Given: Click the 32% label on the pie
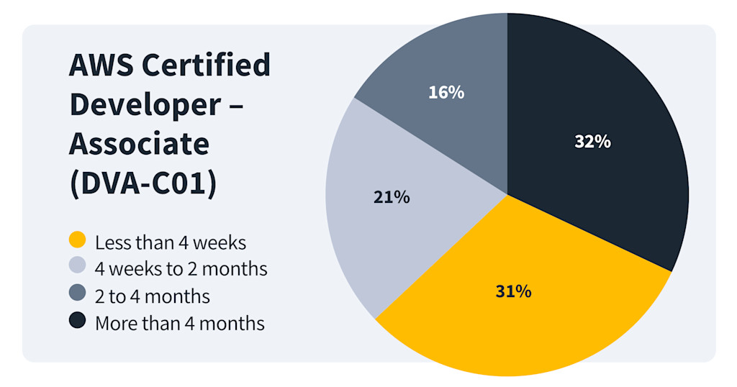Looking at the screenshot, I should pyautogui.click(x=592, y=142).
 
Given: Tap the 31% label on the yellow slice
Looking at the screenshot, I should pyautogui.click(x=513, y=291).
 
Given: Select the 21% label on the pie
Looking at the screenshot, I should pyautogui.click(x=392, y=197).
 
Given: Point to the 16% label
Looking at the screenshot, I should pyautogui.click(x=446, y=92).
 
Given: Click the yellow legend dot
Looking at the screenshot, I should pyautogui.click(x=77, y=240).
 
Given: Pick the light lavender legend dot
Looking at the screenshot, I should pyautogui.click(x=77, y=267).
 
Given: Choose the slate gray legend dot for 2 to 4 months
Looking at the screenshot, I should pyautogui.click(x=77, y=294).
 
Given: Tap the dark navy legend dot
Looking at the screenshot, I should pyautogui.click(x=77, y=322).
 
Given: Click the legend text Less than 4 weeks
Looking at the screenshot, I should pyautogui.click(x=171, y=242).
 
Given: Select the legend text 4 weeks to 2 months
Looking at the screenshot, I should pyautogui.click(x=181, y=269).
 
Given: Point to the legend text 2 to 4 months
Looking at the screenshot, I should pyautogui.click(x=152, y=296).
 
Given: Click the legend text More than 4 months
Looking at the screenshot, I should pyautogui.click(x=179, y=324).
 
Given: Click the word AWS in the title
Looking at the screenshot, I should pyautogui.click(x=100, y=66).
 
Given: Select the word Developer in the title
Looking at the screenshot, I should pyautogui.click(x=145, y=105).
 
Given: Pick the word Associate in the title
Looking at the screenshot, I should pyautogui.click(x=139, y=144).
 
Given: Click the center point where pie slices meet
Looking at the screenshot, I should pyautogui.click(x=507, y=195).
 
